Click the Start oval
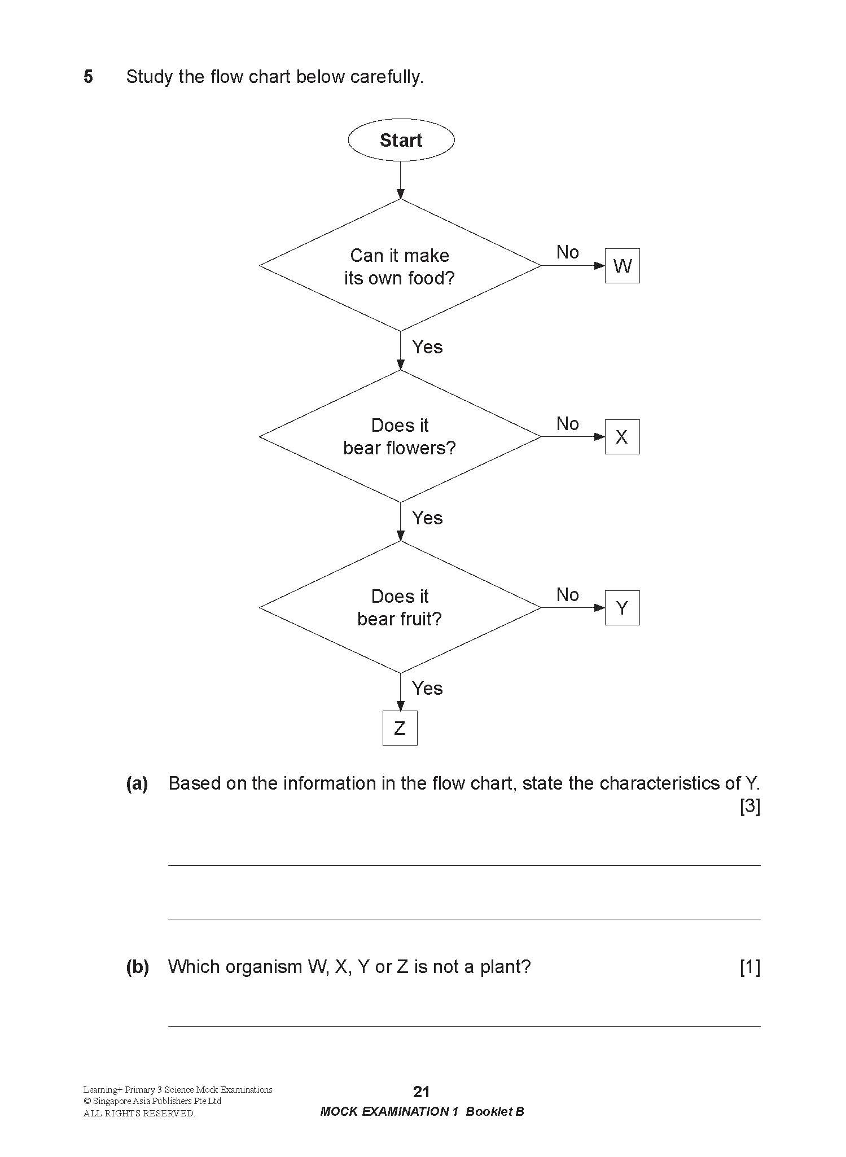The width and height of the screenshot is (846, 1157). (x=401, y=140)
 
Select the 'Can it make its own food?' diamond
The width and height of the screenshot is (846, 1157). (x=400, y=266)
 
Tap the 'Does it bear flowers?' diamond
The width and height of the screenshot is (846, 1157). (x=400, y=436)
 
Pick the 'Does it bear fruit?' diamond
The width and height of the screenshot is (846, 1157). (x=400, y=607)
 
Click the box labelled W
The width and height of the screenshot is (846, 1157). (x=622, y=266)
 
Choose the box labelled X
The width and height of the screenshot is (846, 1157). (x=622, y=437)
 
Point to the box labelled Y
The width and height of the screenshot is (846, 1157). (x=622, y=608)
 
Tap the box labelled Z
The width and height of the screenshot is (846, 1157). (x=400, y=728)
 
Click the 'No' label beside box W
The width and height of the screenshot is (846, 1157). (x=567, y=252)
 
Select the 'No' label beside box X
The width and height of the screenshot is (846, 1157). (x=567, y=423)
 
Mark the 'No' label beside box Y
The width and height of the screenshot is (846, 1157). (x=567, y=594)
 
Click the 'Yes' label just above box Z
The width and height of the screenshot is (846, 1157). (x=427, y=688)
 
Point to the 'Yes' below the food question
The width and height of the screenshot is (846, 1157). (x=427, y=347)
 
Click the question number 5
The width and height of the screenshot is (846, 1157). (x=88, y=76)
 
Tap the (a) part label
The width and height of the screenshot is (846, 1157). (x=137, y=783)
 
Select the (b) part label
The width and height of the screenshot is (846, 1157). (x=137, y=967)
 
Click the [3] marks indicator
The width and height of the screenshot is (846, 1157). (x=750, y=807)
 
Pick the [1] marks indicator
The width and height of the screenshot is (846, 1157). (x=750, y=967)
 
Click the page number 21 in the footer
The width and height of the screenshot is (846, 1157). (x=422, y=1092)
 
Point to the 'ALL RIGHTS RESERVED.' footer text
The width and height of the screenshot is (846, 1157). (x=139, y=1114)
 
